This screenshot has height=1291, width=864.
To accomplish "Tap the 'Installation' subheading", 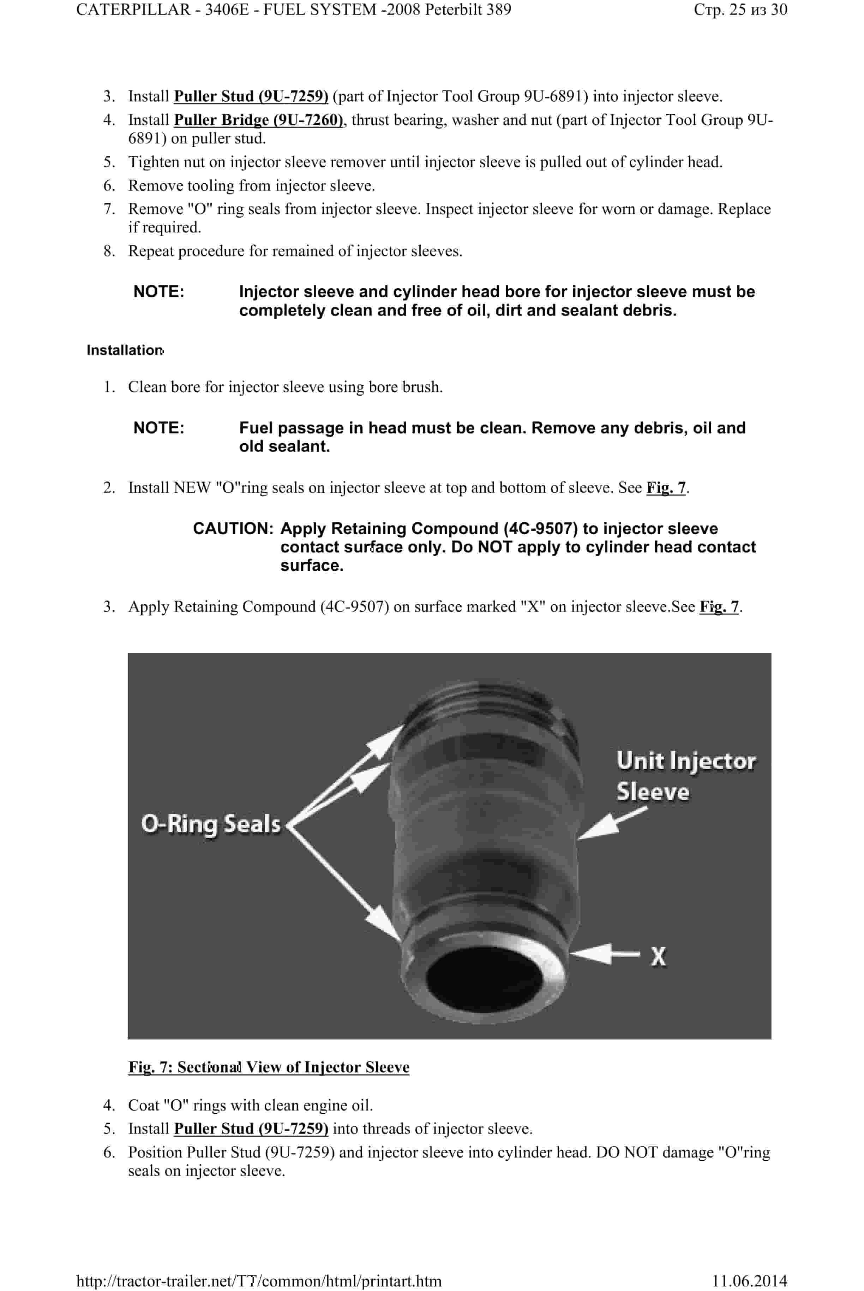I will tap(125, 350).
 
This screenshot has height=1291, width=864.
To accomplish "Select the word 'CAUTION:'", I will tap(233, 528).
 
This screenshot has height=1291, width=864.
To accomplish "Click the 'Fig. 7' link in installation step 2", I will tap(666, 487).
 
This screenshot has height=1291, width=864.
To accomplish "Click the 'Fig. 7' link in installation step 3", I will tap(719, 606).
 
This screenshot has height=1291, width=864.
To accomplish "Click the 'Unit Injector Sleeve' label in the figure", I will tap(685, 776).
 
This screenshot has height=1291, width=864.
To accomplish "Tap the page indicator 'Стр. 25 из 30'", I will tap(740, 10).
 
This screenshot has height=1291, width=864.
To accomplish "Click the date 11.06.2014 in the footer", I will tap(749, 1280).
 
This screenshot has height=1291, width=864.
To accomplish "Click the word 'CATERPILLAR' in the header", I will tap(133, 10).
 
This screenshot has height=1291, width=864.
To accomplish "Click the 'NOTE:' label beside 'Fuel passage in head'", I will tap(159, 428).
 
